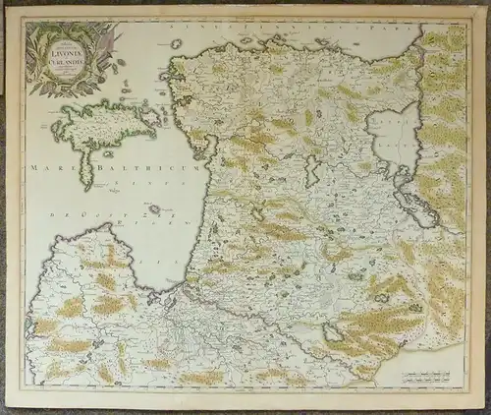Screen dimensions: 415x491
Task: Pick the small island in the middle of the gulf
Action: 154,208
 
